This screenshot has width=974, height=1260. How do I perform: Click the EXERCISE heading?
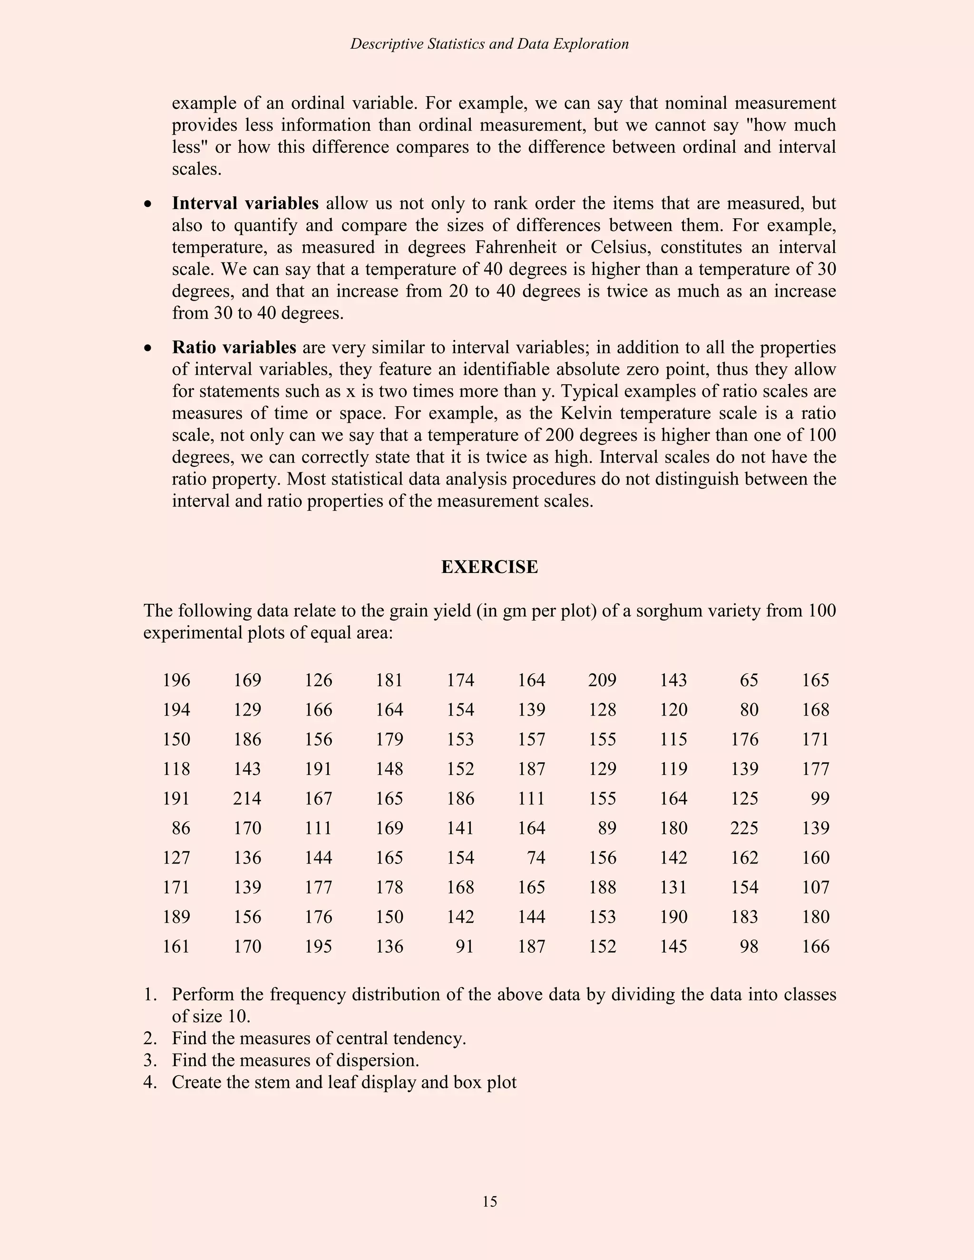[x=489, y=567]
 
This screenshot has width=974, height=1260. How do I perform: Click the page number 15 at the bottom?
[x=489, y=1201]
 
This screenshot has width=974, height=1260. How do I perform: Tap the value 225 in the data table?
[x=744, y=828]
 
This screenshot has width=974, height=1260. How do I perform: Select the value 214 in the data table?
[x=247, y=798]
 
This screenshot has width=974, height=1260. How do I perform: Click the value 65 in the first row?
[x=749, y=680]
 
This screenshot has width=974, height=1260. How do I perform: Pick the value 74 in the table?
[x=536, y=858]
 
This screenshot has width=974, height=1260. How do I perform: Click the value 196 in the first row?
[x=176, y=680]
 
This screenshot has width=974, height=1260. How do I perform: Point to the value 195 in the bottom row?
[x=318, y=947]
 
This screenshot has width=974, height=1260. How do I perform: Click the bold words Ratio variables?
[x=234, y=347]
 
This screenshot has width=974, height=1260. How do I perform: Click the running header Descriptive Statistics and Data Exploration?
[x=489, y=44]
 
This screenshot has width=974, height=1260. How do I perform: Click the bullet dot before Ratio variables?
[x=149, y=349]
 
